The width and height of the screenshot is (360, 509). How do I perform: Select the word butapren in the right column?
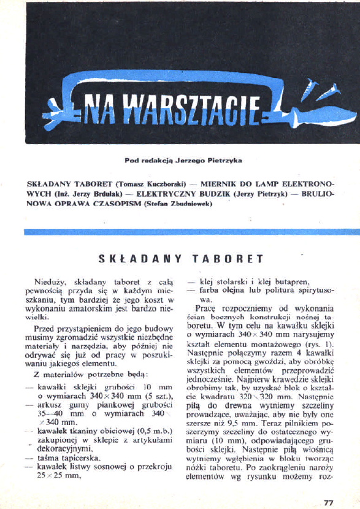290,282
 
